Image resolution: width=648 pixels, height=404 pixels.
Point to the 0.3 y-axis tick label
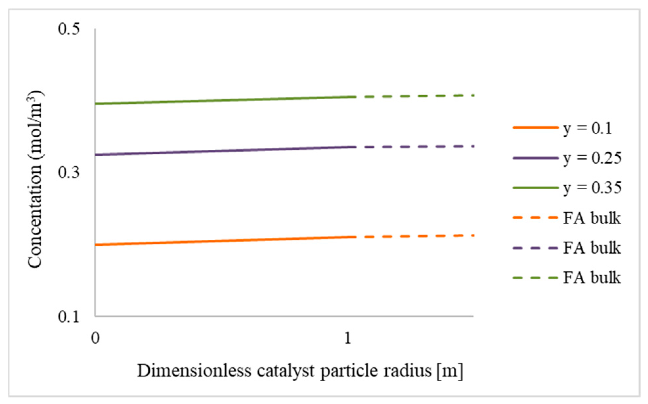(x=69, y=173)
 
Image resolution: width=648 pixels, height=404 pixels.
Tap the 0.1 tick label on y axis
(x=69, y=317)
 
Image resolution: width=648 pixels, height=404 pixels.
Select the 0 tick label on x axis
(x=95, y=338)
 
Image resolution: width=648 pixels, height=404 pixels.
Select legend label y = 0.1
(x=588, y=128)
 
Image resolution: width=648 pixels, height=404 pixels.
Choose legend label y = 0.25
(x=592, y=158)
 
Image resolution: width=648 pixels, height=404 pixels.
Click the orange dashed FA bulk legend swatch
(x=535, y=218)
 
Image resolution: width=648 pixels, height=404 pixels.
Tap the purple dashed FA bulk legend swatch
(x=535, y=248)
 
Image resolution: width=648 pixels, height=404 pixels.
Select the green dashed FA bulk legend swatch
(x=535, y=278)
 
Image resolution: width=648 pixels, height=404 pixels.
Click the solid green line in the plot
(x=223, y=100)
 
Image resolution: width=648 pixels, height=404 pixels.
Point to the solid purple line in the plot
(x=223, y=151)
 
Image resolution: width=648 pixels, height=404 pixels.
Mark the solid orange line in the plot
(x=223, y=241)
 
